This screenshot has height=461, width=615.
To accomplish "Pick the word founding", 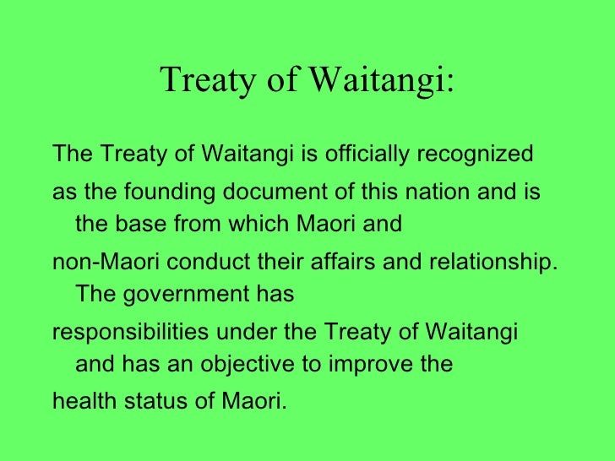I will [x=171, y=192].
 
